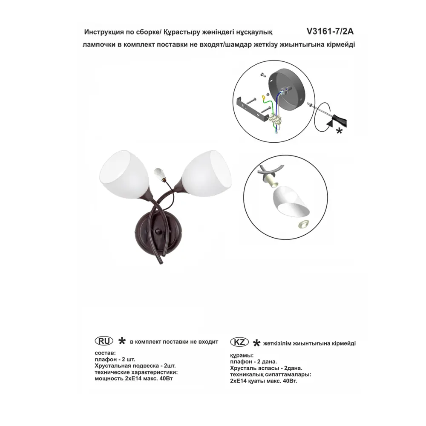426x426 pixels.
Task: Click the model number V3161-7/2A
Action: pyautogui.click(x=330, y=32)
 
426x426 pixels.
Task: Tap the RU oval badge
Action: pyautogui.click(x=104, y=341)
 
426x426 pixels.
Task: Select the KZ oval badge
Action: pyautogui.click(x=239, y=342)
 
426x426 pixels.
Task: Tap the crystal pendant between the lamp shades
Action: pyautogui.click(x=160, y=174)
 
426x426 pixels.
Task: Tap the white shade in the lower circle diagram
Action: pyautogui.click(x=291, y=201)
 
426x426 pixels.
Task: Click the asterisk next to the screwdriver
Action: pyautogui.click(x=339, y=131)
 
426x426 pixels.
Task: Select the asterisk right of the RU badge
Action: pyautogui.click(x=122, y=341)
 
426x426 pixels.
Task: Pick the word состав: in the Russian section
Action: pyautogui.click(x=105, y=353)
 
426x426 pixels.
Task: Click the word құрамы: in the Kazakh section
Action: pyautogui.click(x=242, y=355)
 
